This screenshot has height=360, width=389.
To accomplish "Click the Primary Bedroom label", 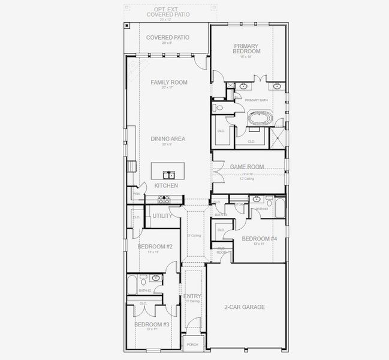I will click(246, 49).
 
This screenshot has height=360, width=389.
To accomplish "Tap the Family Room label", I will click(169, 82).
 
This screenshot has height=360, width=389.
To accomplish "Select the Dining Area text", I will click(168, 139).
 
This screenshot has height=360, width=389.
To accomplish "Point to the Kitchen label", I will click(166, 186).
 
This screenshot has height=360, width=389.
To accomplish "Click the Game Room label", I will click(247, 167).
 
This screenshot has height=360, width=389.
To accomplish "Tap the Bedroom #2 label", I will click(155, 247).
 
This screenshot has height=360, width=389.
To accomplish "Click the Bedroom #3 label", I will click(152, 325).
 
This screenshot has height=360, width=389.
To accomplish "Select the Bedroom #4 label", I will click(259, 239).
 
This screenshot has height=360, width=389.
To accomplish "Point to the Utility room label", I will click(162, 216).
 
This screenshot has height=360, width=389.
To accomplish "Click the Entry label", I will click(192, 296).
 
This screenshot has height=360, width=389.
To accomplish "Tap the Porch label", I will click(192, 344).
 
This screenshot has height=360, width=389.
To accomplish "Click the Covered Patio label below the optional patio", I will click(168, 38).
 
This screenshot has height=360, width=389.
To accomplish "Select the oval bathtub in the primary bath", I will click(260, 118).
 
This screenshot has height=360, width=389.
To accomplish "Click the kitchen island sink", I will click(170, 175).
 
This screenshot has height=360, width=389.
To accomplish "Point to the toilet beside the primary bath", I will click(218, 109).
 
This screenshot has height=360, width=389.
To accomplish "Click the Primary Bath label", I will click(256, 100).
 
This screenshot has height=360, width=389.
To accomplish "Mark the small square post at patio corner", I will click(128, 25).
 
